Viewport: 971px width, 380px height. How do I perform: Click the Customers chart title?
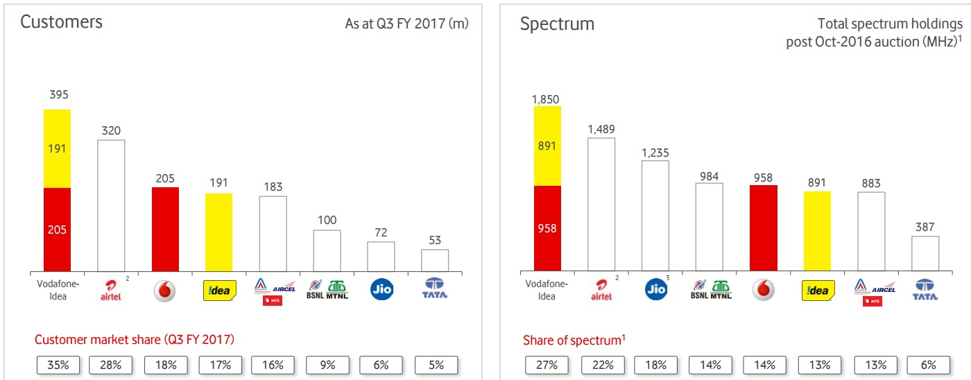pyautogui.click(x=61, y=22)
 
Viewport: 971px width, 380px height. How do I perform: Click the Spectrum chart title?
pyautogui.click(x=557, y=24)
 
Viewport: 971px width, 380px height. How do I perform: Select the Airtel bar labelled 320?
pyautogui.click(x=111, y=205)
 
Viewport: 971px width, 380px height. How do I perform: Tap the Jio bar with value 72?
pyautogui.click(x=381, y=256)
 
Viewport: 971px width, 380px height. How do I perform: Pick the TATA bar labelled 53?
pyautogui.click(x=435, y=260)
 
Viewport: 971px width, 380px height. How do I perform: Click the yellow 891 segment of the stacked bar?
pyautogui.click(x=547, y=146)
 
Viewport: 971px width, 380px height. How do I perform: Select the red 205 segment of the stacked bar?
pyautogui.click(x=57, y=229)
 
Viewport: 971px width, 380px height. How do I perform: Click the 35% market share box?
pyautogui.click(x=57, y=365)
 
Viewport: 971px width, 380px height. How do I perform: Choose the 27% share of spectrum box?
pyautogui.click(x=547, y=365)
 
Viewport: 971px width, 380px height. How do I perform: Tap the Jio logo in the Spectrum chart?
pyautogui.click(x=655, y=289)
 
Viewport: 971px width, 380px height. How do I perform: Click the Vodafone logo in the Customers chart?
pyautogui.click(x=165, y=291)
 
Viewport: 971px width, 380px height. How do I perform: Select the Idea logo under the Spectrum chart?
pyautogui.click(x=818, y=290)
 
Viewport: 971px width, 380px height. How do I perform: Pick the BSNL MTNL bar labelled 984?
pyautogui.click(x=709, y=227)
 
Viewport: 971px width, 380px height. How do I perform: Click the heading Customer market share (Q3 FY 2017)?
pyautogui.click(x=135, y=340)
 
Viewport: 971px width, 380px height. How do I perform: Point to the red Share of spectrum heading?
pyautogui.click(x=574, y=340)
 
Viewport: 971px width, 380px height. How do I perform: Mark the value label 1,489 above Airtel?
pyautogui.click(x=601, y=129)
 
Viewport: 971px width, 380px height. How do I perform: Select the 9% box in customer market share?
pyautogui.click(x=327, y=365)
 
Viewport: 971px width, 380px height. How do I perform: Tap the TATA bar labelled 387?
pyautogui.click(x=925, y=253)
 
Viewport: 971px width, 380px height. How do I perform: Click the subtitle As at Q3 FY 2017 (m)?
pyautogui.click(x=406, y=24)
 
